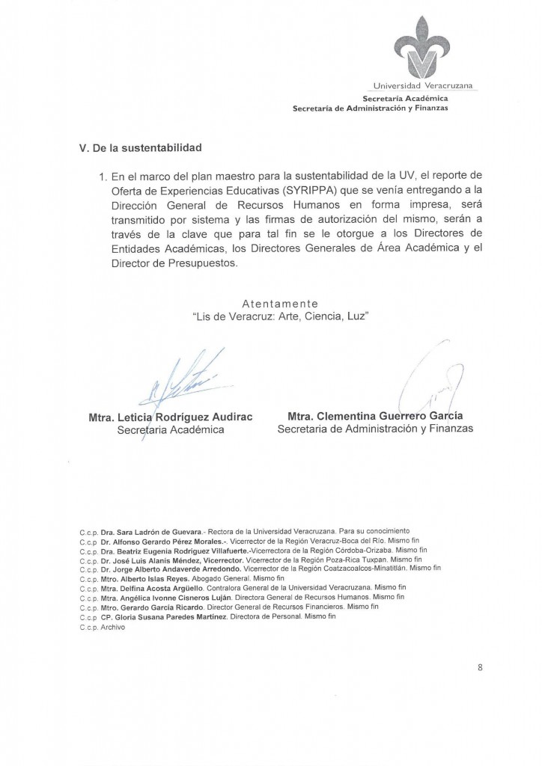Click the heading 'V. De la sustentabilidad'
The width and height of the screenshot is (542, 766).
click(x=141, y=147)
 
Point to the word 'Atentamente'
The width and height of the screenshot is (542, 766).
click(x=281, y=303)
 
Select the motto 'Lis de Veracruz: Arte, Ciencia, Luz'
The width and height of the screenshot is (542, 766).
click(x=281, y=316)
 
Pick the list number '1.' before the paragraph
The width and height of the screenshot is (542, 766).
click(x=103, y=177)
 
